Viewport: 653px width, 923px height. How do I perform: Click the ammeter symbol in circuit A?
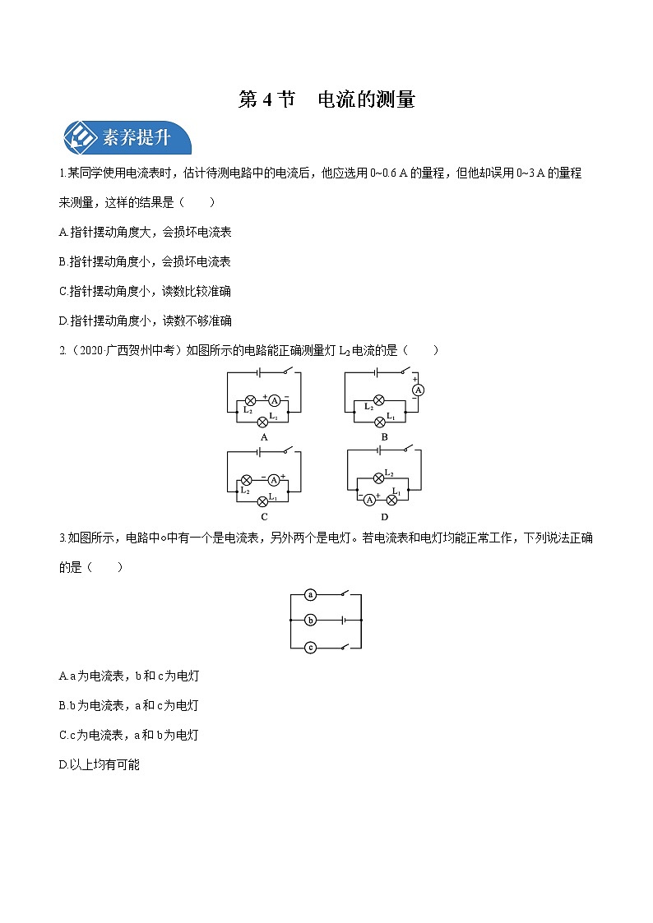[276, 400]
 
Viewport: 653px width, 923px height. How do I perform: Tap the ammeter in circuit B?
[417, 390]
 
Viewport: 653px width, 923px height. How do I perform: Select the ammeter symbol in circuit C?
[276, 478]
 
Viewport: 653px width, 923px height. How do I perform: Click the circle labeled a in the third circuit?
[310, 593]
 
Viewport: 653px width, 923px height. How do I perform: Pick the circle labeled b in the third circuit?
[310, 621]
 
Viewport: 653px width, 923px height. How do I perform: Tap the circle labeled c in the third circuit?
[310, 648]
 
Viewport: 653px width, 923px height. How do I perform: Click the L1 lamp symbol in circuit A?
[263, 422]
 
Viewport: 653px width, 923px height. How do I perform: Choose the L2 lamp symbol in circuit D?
[379, 477]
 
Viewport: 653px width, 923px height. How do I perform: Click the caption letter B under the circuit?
[384, 437]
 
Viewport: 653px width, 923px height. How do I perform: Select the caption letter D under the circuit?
[384, 517]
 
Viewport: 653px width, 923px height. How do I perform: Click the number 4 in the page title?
[266, 100]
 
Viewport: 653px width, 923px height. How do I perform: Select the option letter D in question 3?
[63, 765]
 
